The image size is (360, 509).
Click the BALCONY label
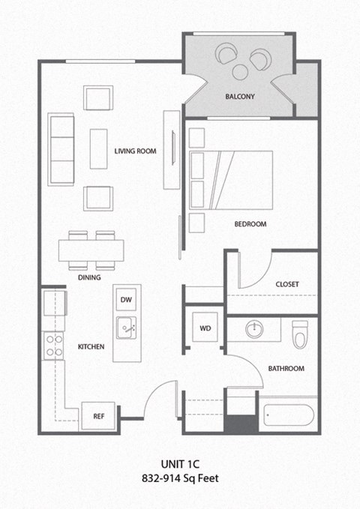point(240,97)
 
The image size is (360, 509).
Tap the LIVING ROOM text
point(135,151)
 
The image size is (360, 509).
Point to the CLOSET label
point(286,284)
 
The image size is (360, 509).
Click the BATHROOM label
point(286,368)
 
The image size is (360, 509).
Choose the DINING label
point(89,277)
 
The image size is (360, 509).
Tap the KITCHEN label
point(91,346)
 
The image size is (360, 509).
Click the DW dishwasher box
point(126,300)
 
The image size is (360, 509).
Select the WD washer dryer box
point(204,328)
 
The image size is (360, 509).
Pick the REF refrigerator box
point(98,416)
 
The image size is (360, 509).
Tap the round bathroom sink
point(254,328)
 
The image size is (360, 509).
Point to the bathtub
point(289,415)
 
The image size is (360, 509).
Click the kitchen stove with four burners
point(54,346)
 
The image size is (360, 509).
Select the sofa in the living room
point(61,148)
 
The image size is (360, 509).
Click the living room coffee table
point(98,148)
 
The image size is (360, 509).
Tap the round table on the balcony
point(241,72)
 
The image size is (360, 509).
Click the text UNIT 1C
point(179,463)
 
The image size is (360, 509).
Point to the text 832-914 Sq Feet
point(179,478)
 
